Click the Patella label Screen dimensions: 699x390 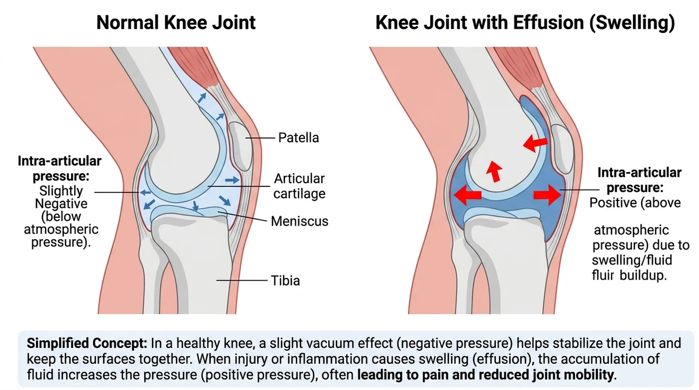(298, 138)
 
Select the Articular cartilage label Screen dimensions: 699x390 (299, 186)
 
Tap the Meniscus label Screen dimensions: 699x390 (299, 221)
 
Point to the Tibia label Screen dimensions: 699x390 (285, 281)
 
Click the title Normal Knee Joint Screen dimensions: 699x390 (176, 22)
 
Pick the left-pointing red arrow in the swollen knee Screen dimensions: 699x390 (467, 194)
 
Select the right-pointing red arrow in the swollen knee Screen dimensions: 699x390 (547, 195)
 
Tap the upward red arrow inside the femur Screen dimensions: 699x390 (494, 171)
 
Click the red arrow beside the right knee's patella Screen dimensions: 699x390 (535, 143)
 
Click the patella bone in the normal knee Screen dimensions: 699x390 (241, 146)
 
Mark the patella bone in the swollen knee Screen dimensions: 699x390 (562, 149)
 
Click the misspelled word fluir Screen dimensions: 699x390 (603, 275)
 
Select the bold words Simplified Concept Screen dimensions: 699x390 (87, 343)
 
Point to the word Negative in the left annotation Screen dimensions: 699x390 (61, 204)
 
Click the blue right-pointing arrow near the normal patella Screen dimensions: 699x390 (232, 180)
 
